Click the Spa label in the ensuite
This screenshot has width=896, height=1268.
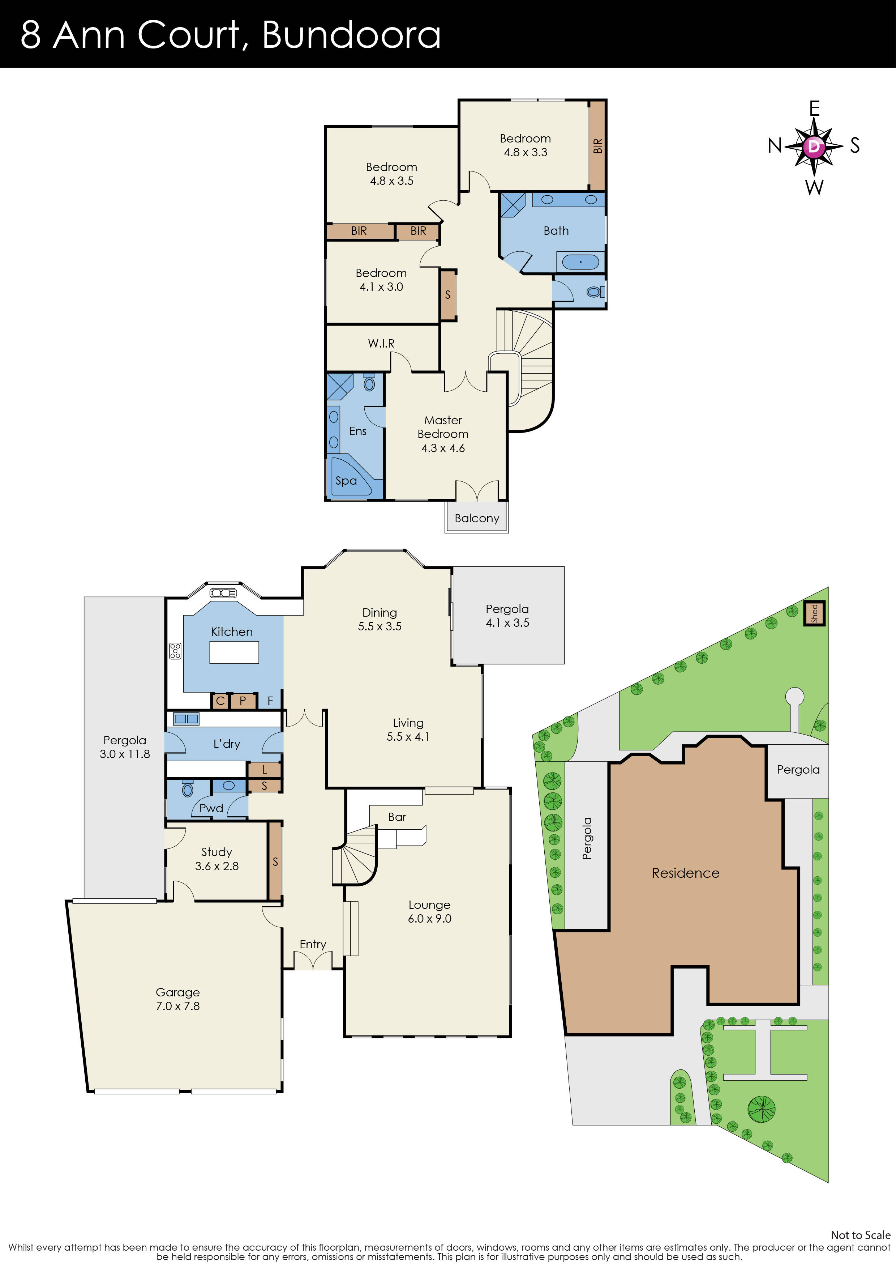[346, 480]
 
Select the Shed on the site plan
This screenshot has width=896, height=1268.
[814, 613]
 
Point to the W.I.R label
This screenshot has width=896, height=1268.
[381, 344]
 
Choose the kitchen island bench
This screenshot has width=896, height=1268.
[234, 652]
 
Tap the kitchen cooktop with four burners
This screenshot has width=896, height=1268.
[175, 651]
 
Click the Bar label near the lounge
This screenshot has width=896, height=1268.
[397, 817]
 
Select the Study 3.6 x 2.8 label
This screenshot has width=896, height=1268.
[217, 859]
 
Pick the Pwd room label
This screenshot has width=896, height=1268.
[211, 808]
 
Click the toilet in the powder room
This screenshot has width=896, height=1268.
[187, 790]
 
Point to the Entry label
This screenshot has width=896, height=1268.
[313, 944]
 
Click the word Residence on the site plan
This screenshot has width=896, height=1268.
[685, 873]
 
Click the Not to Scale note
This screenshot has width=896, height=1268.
[860, 1235]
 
